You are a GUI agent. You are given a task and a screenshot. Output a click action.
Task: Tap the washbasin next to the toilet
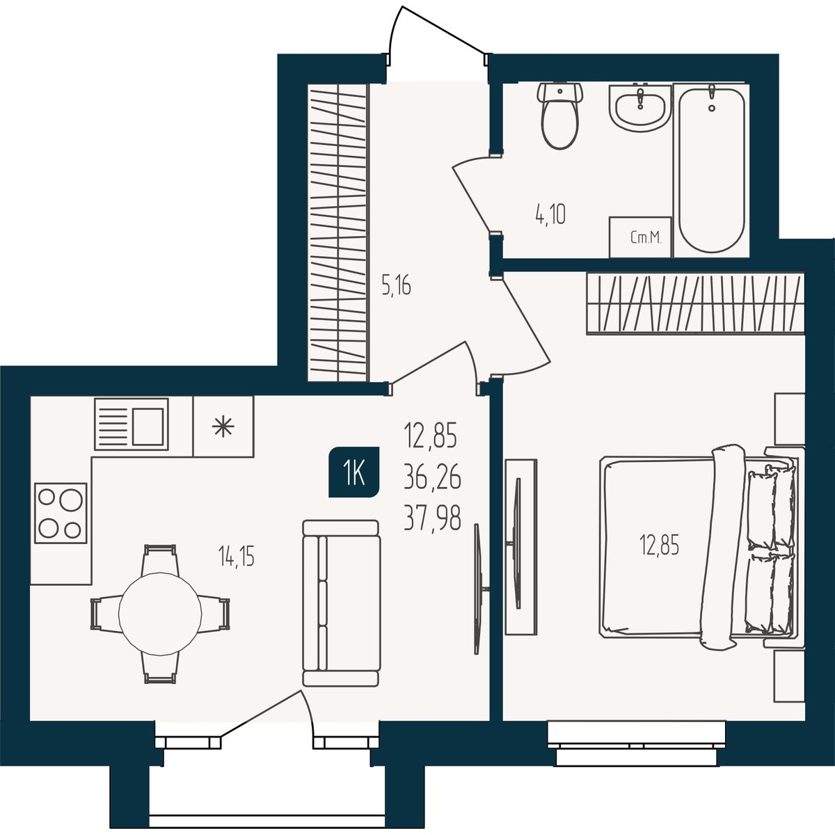click(x=640, y=107)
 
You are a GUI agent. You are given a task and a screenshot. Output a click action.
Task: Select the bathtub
click(x=712, y=169)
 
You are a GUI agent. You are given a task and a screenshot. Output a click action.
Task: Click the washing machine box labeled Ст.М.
click(x=640, y=237)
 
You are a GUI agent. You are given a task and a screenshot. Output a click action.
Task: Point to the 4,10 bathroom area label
click(x=550, y=215)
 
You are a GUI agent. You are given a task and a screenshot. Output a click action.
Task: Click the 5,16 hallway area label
click(x=396, y=287)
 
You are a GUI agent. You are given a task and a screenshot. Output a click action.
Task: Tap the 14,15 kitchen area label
click(x=236, y=557)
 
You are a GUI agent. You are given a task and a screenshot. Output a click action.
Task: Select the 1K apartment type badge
click(x=354, y=472)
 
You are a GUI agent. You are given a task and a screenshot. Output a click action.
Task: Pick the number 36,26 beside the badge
click(x=432, y=478)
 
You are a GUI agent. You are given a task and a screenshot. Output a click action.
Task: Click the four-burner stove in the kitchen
click(x=61, y=513)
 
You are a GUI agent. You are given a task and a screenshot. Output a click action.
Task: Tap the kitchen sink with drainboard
click(x=132, y=424)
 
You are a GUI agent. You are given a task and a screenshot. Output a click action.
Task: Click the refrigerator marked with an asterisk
click(x=223, y=427)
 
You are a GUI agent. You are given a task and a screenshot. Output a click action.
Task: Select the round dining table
click(x=160, y=614)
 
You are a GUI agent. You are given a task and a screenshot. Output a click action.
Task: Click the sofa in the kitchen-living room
click(x=341, y=603)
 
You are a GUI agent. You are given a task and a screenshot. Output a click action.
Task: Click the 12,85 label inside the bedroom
click(x=659, y=545)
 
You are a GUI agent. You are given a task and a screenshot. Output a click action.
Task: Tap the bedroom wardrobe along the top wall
click(x=695, y=303)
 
